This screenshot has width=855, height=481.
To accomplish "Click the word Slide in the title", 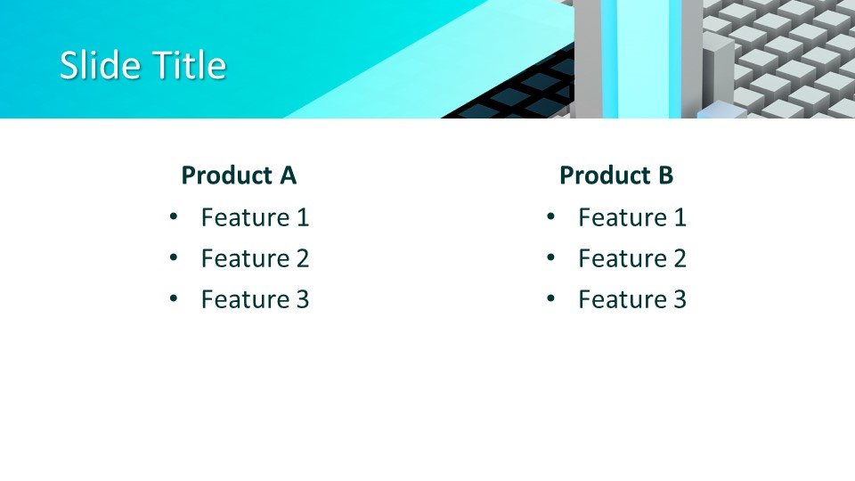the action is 100,65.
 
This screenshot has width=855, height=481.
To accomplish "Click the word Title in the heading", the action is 189,65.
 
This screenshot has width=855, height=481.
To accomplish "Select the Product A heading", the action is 239,175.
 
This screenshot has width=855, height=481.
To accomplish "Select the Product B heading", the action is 616,175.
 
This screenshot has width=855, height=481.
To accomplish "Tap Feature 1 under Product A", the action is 256,217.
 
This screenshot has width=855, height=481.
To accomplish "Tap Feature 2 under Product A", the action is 256,258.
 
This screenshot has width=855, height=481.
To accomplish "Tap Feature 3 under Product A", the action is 256,299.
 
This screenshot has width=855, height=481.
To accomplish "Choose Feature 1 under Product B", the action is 632,217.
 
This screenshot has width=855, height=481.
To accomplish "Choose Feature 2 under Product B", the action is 632,258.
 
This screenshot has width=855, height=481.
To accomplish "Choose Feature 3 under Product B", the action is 632,299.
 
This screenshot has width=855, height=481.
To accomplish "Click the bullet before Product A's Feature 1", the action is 174,216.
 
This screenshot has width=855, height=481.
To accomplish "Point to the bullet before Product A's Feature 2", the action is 174,257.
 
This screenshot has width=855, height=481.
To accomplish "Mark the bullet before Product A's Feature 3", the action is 174,298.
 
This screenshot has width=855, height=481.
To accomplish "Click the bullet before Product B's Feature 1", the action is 550,216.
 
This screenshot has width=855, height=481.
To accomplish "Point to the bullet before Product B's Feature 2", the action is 550,257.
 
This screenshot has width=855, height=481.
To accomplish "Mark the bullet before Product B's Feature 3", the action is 550,298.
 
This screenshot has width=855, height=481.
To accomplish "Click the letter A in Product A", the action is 288,175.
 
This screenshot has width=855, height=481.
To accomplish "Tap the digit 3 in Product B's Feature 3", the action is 680,299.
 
